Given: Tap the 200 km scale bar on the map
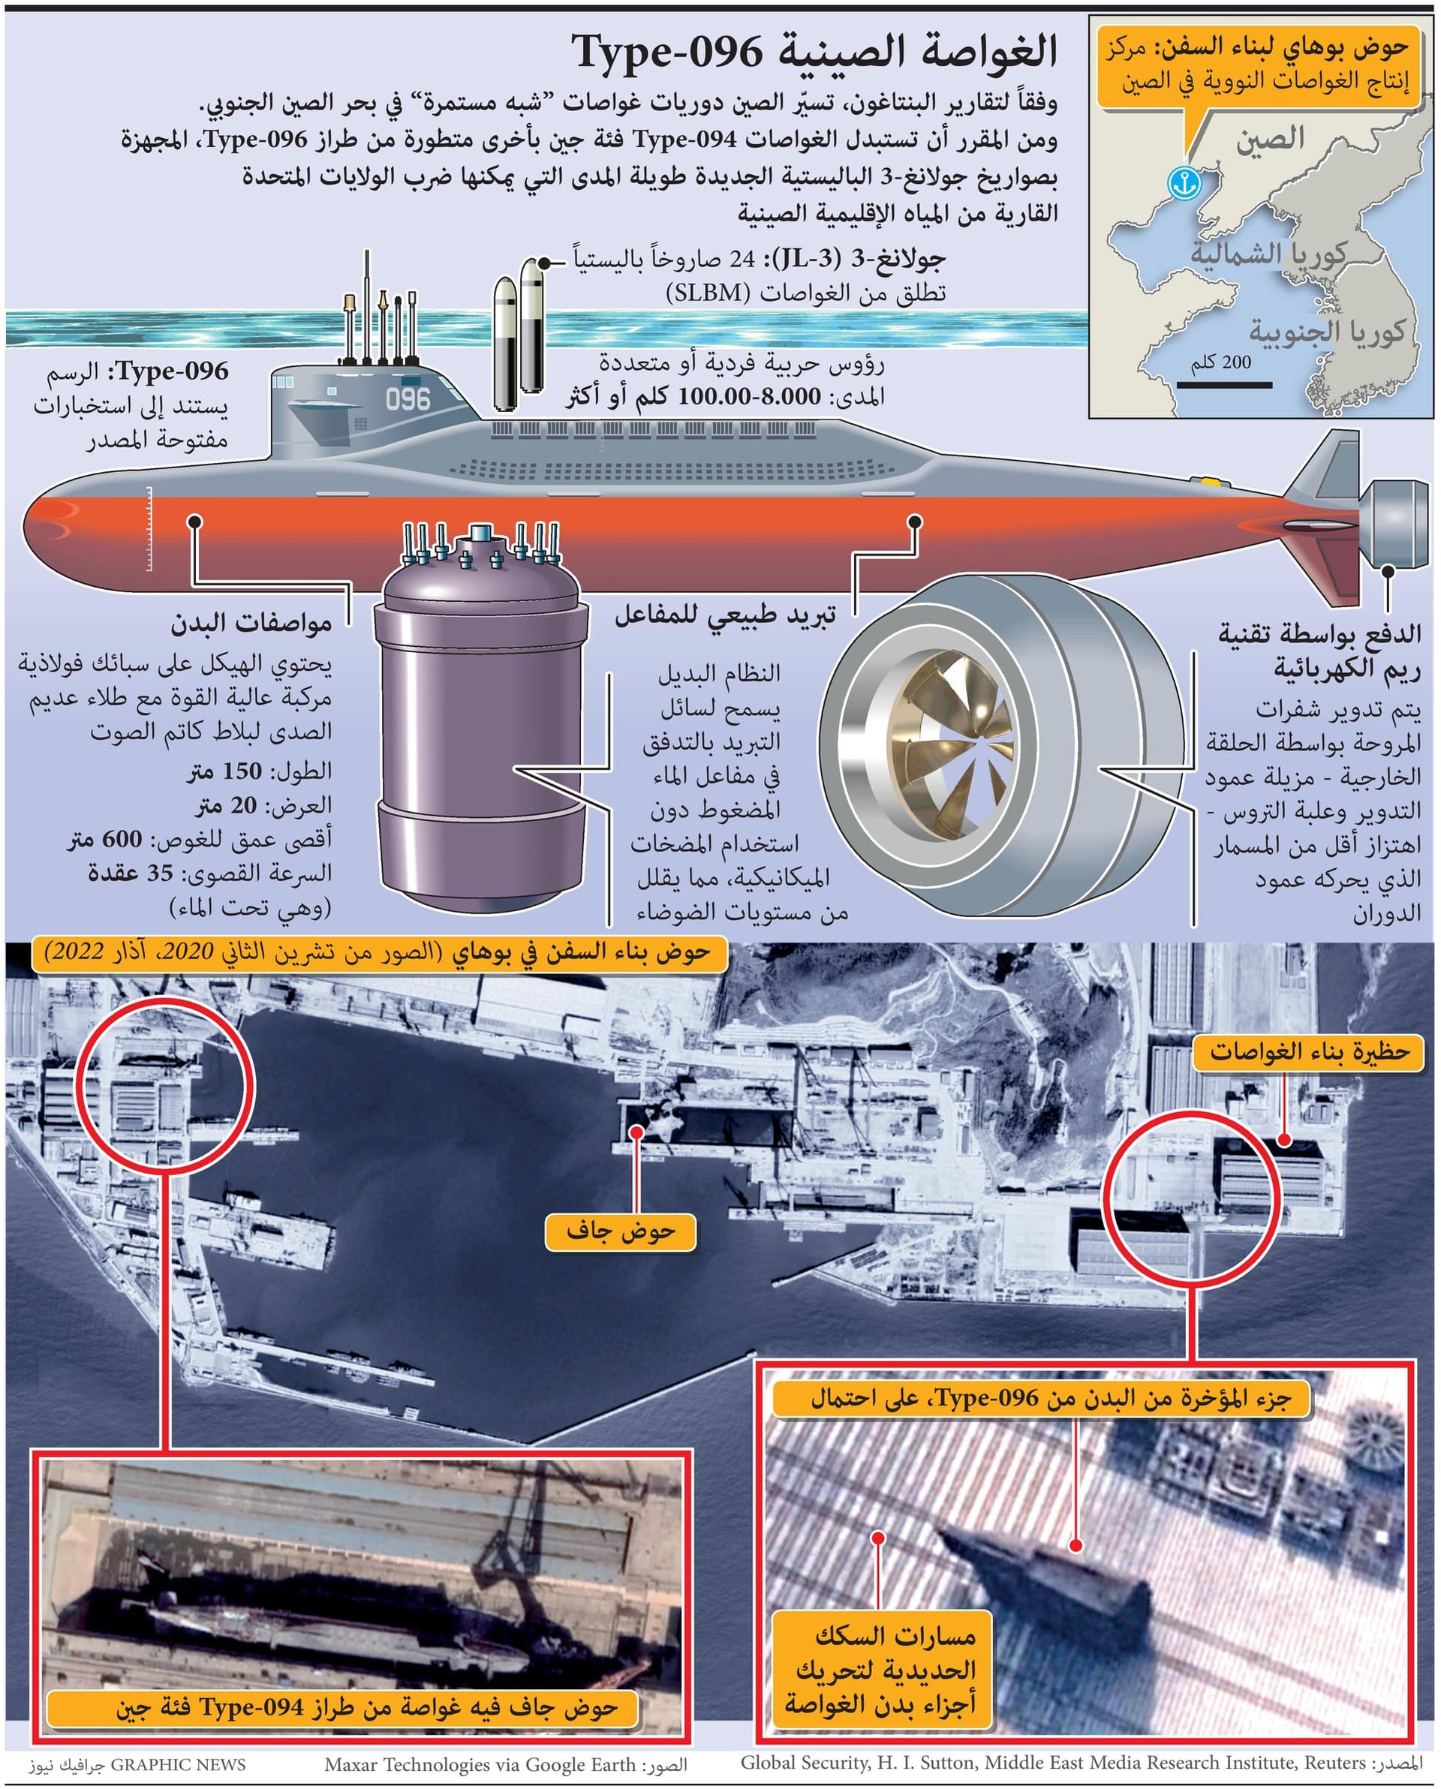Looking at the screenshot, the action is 1224,385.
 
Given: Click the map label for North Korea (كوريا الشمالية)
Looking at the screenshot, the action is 1268,253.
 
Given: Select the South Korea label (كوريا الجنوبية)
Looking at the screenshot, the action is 1326,331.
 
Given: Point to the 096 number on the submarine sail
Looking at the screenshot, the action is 408,400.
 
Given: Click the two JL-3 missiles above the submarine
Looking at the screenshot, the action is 518,334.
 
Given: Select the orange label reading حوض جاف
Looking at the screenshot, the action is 620,1231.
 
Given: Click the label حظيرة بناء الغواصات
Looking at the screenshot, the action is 1310,1052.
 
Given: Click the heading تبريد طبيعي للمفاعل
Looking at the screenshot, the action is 725,614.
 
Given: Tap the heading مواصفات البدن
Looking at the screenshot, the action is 251,622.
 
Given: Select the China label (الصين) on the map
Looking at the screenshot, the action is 1271,139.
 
